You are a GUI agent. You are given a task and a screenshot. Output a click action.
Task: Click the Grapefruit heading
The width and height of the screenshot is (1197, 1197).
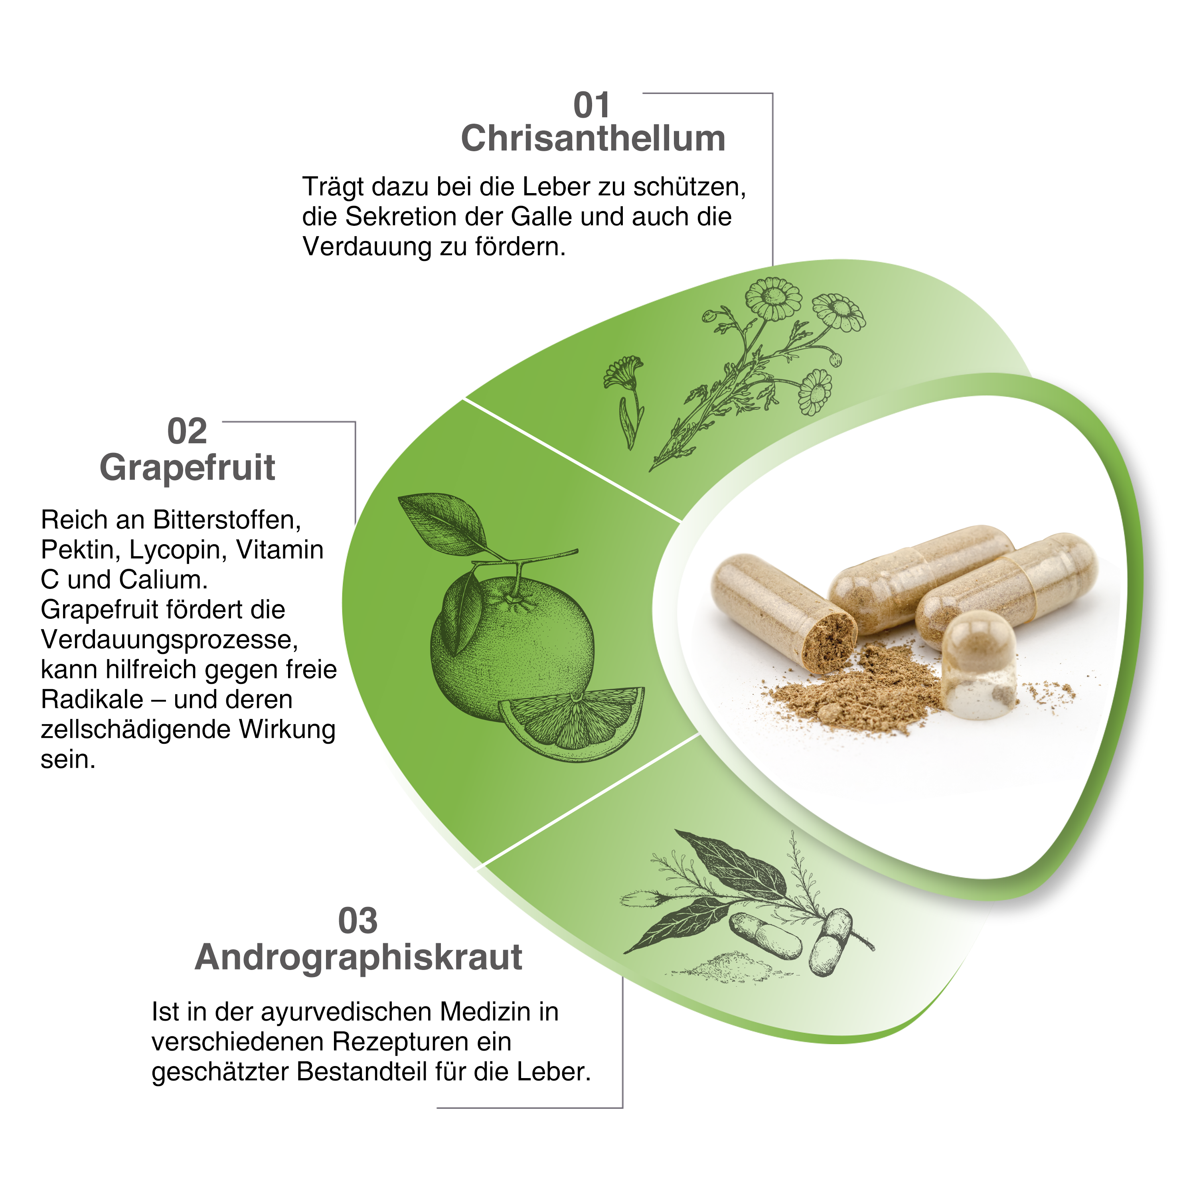[x=187, y=468]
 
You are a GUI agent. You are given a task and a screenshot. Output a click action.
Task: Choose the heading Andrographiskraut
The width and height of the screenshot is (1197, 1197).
[x=358, y=958]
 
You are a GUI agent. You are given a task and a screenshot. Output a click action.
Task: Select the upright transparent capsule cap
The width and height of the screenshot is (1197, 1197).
[x=978, y=664]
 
